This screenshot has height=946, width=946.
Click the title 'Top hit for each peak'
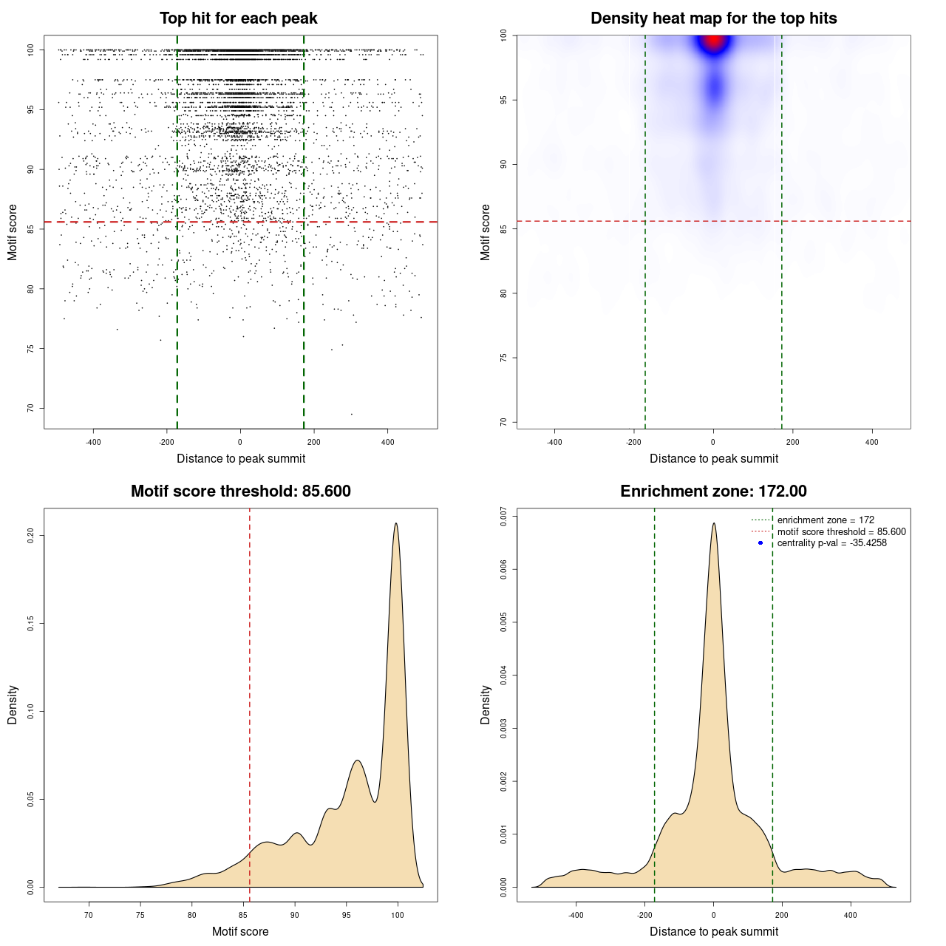point(239,18)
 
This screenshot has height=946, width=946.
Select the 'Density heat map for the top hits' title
point(713,18)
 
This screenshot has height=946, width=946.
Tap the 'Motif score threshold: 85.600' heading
point(240,491)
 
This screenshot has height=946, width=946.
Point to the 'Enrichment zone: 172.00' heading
point(713,491)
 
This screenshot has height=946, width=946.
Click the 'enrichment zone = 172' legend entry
point(825,520)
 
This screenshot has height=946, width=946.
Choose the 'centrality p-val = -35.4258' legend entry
point(831,543)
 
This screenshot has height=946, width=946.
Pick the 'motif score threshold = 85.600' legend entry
point(841,531)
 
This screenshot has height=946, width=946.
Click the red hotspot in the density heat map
point(713,41)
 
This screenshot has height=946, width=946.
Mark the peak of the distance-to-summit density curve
point(714,523)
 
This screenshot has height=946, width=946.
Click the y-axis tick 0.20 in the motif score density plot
point(31,535)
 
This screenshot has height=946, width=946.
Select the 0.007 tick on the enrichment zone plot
point(503,516)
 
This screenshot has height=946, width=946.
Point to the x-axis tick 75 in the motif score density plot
point(140,916)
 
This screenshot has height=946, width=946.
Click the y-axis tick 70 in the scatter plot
point(31,408)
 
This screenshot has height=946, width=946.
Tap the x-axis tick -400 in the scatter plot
point(93,442)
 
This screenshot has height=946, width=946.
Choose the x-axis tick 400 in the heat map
point(872,442)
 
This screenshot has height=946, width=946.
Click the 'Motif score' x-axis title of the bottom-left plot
point(240,931)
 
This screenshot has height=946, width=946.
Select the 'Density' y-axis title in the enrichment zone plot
point(486,704)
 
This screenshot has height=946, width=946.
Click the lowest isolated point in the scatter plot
point(351,414)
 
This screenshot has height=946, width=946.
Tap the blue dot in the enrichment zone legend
point(760,543)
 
